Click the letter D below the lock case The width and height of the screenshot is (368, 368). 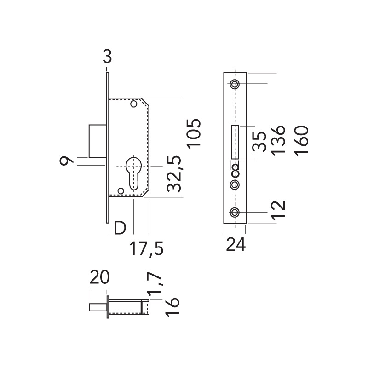120,227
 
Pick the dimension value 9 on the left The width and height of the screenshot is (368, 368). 67,161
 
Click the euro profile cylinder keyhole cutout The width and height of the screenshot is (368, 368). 134,172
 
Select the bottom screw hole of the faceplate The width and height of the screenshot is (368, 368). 235,212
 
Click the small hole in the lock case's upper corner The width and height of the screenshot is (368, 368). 134,104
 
